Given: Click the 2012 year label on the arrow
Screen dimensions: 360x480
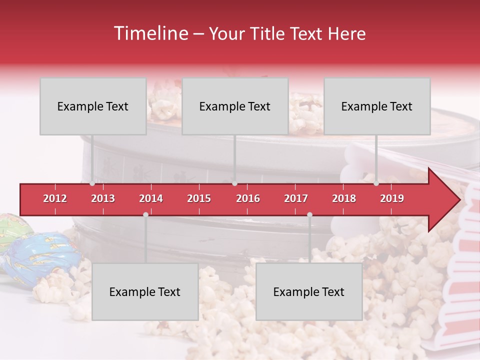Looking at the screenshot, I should click(x=55, y=198).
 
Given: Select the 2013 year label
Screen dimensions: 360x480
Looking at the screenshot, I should click(x=103, y=198).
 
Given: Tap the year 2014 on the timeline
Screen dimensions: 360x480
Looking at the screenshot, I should click(x=151, y=198).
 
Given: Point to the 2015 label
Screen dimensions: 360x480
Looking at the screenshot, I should click(x=199, y=198).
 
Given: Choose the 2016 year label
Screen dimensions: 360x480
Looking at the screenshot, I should click(x=248, y=198).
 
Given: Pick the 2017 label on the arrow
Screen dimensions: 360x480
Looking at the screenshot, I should click(x=296, y=198).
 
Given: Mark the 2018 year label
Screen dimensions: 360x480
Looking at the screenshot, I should click(x=344, y=198).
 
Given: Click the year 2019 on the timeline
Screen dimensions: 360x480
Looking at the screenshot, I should click(x=392, y=198).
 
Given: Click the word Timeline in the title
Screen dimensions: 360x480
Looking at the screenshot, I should click(x=151, y=33).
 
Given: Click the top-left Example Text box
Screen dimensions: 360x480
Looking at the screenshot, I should click(x=93, y=106).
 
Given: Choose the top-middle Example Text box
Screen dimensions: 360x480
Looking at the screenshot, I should click(x=235, y=106).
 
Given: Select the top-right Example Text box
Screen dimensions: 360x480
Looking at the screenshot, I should click(x=377, y=106).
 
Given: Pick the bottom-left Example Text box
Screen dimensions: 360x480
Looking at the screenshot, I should click(x=145, y=292).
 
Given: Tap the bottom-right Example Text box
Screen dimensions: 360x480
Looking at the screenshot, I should click(x=309, y=292).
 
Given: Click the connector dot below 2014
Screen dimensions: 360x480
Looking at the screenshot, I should click(x=145, y=214).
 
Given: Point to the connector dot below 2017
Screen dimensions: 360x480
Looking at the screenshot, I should click(x=309, y=214).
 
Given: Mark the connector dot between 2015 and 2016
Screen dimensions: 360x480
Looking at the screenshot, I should click(x=234, y=183).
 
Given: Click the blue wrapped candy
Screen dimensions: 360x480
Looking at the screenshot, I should click(x=42, y=255).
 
